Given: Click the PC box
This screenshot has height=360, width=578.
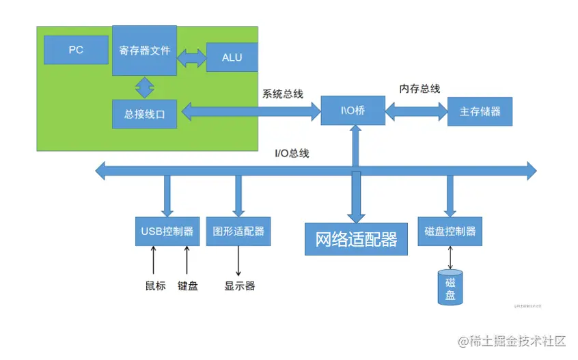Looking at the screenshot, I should point(76,50).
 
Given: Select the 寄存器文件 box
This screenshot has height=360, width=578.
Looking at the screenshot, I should point(144,51).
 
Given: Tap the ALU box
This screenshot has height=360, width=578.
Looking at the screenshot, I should point(232,57).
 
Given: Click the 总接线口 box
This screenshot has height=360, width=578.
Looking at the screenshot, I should point(144,114).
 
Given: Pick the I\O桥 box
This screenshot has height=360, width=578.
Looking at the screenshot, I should point(353,111).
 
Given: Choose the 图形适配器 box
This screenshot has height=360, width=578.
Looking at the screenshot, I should point(238,231).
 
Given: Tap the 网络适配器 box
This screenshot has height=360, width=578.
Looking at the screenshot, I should point(356,239).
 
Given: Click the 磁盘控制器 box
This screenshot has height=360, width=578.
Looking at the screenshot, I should point(450,231).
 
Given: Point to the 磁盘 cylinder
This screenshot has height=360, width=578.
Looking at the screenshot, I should point(450,288).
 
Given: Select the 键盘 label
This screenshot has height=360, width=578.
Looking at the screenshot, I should point(187,286).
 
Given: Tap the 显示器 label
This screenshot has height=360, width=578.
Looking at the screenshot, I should point(239,286).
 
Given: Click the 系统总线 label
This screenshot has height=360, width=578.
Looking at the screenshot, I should point(282,94).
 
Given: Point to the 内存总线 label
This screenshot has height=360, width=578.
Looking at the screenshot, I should point(419,89).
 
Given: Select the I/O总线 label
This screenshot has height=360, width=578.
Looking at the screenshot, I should point(292,153).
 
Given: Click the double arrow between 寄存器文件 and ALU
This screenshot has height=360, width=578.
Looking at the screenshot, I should point(191,57).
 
